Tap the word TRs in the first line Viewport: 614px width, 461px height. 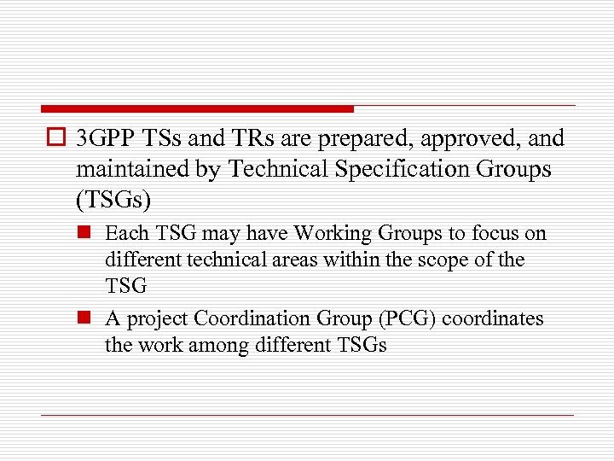248,139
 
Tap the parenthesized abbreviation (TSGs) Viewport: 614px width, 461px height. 112,200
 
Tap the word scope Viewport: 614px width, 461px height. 443,260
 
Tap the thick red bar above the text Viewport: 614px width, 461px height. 197,109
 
